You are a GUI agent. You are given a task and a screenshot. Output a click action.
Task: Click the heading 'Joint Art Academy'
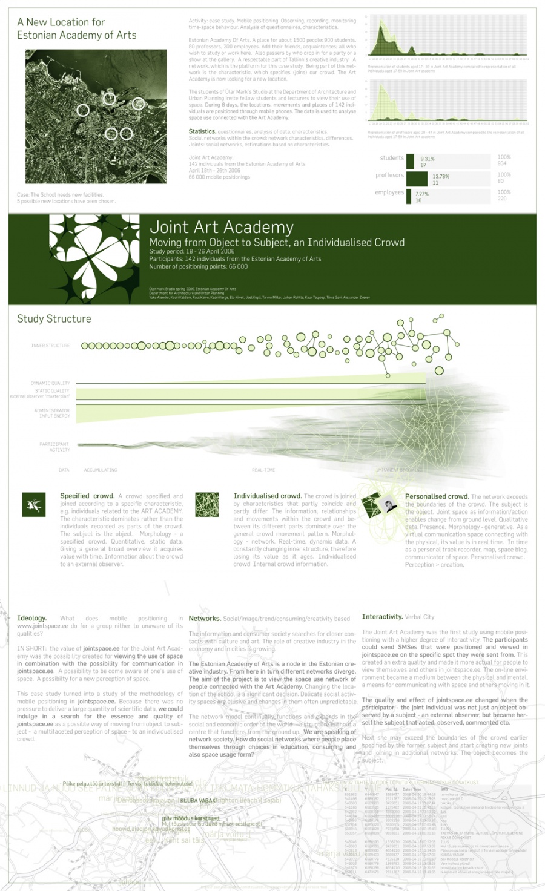pos(221,227)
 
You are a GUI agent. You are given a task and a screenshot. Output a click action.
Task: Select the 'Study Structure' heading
pos(54,319)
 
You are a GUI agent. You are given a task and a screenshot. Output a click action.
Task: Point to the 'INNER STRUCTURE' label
pos(50,346)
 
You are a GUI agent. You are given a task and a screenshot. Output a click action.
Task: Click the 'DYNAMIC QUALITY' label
pos(50,383)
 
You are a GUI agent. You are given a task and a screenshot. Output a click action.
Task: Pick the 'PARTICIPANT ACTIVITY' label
pos(54,447)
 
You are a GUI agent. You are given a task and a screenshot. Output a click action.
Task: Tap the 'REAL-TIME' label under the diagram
pos(263,470)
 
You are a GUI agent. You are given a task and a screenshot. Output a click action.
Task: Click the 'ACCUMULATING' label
pos(101,470)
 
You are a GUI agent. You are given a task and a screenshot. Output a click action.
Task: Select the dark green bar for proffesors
pos(417,178)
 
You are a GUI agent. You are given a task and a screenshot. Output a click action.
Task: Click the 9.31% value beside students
pos(428,159)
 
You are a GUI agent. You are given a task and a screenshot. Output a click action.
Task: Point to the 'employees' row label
pos(389,192)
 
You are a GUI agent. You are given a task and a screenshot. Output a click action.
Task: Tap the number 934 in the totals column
pos(502,163)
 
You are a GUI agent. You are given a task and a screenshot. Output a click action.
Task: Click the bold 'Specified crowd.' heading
pos(87,496)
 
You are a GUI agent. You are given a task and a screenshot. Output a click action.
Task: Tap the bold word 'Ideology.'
pos(31,619)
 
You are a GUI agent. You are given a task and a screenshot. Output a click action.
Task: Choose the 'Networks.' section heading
pos(205,619)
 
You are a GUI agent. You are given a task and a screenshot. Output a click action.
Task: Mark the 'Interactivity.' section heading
pos(382,617)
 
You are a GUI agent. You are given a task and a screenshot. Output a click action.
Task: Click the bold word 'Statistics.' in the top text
pos(202,131)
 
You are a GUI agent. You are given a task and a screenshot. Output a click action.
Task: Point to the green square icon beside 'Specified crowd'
pos(33,504)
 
